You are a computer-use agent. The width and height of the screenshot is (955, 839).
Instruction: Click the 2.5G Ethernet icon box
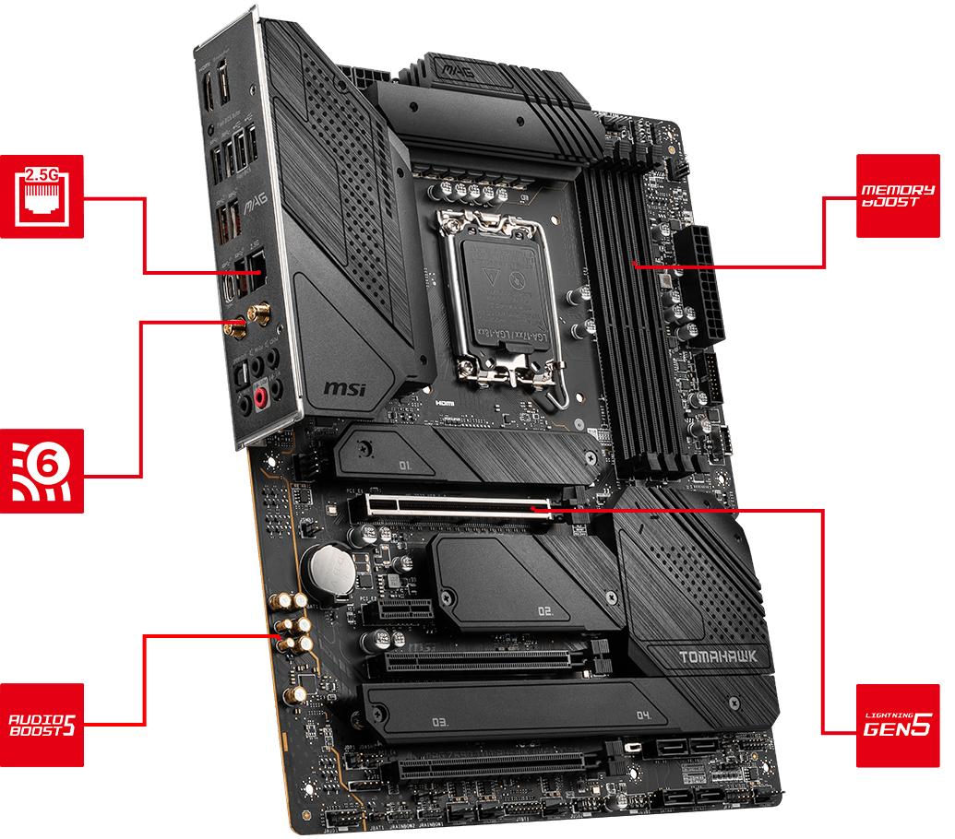tap(42, 196)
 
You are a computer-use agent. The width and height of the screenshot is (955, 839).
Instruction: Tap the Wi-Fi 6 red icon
tap(42, 471)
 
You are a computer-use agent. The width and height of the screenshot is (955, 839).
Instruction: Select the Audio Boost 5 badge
tap(42, 725)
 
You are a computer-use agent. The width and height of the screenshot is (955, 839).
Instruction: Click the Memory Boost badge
tap(898, 195)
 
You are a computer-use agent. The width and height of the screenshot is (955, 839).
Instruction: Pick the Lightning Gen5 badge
tap(898, 726)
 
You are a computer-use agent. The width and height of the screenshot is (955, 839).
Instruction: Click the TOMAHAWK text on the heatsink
tap(717, 657)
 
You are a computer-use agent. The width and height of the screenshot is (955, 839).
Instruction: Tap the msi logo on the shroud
tap(344, 387)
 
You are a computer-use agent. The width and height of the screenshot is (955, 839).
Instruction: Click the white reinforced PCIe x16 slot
tap(458, 506)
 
